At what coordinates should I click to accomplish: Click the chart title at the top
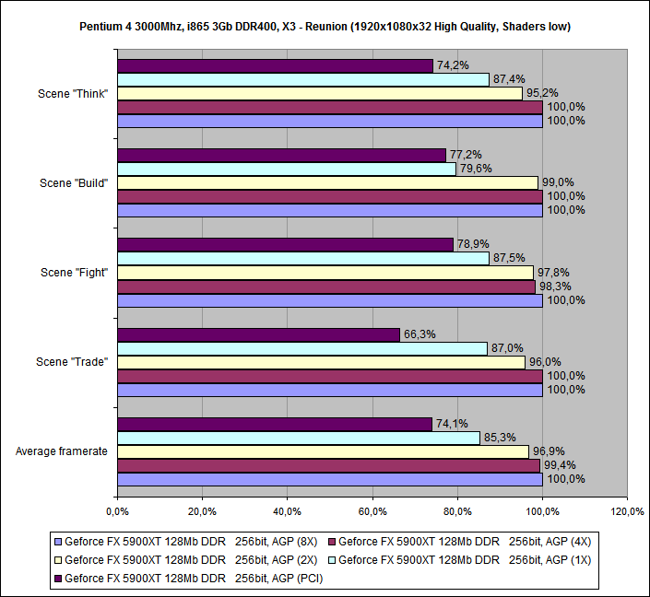[325, 27]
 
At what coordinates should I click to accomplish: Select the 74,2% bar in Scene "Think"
[275, 66]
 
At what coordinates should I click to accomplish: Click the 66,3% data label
[416, 334]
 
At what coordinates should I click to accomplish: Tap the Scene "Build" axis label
[74, 182]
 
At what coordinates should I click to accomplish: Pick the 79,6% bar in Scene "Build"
[286, 169]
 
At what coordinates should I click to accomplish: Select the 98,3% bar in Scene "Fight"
[326, 287]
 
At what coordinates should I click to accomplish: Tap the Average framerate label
[62, 451]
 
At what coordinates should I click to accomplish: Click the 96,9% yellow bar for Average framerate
[323, 451]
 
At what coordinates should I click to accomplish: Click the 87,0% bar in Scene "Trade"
[301, 348]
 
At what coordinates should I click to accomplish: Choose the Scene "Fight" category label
[75, 272]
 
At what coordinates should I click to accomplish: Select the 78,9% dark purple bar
[285, 244]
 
